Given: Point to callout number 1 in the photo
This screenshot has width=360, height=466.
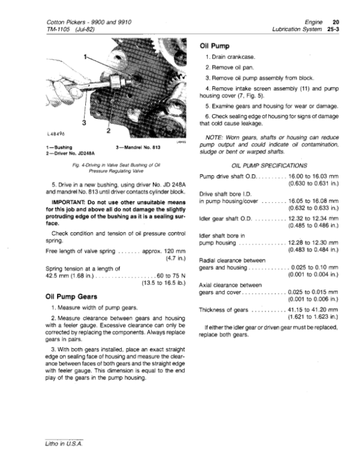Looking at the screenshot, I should (85, 57).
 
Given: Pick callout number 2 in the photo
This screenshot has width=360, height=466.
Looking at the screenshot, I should (107, 130).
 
